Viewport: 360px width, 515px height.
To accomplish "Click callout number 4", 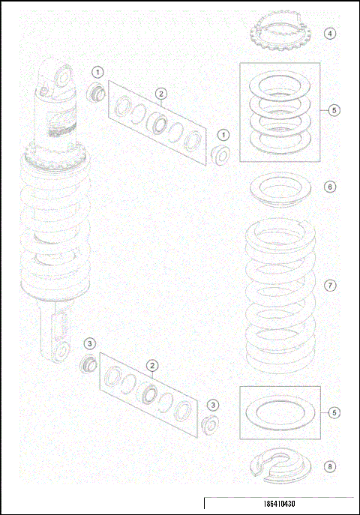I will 330,33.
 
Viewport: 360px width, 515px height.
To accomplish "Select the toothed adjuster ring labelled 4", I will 273,34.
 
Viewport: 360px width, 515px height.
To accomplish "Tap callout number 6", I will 330,187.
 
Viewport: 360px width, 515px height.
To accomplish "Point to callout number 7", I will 330,286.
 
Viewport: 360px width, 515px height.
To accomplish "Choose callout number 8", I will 330,466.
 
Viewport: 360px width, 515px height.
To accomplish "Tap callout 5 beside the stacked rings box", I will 334,109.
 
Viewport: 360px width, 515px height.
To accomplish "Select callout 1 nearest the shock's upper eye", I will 97,71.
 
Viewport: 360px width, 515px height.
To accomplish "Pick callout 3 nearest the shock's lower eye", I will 90,343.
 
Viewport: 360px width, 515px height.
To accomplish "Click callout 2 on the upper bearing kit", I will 160,93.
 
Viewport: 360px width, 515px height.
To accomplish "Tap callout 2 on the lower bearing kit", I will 152,365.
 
